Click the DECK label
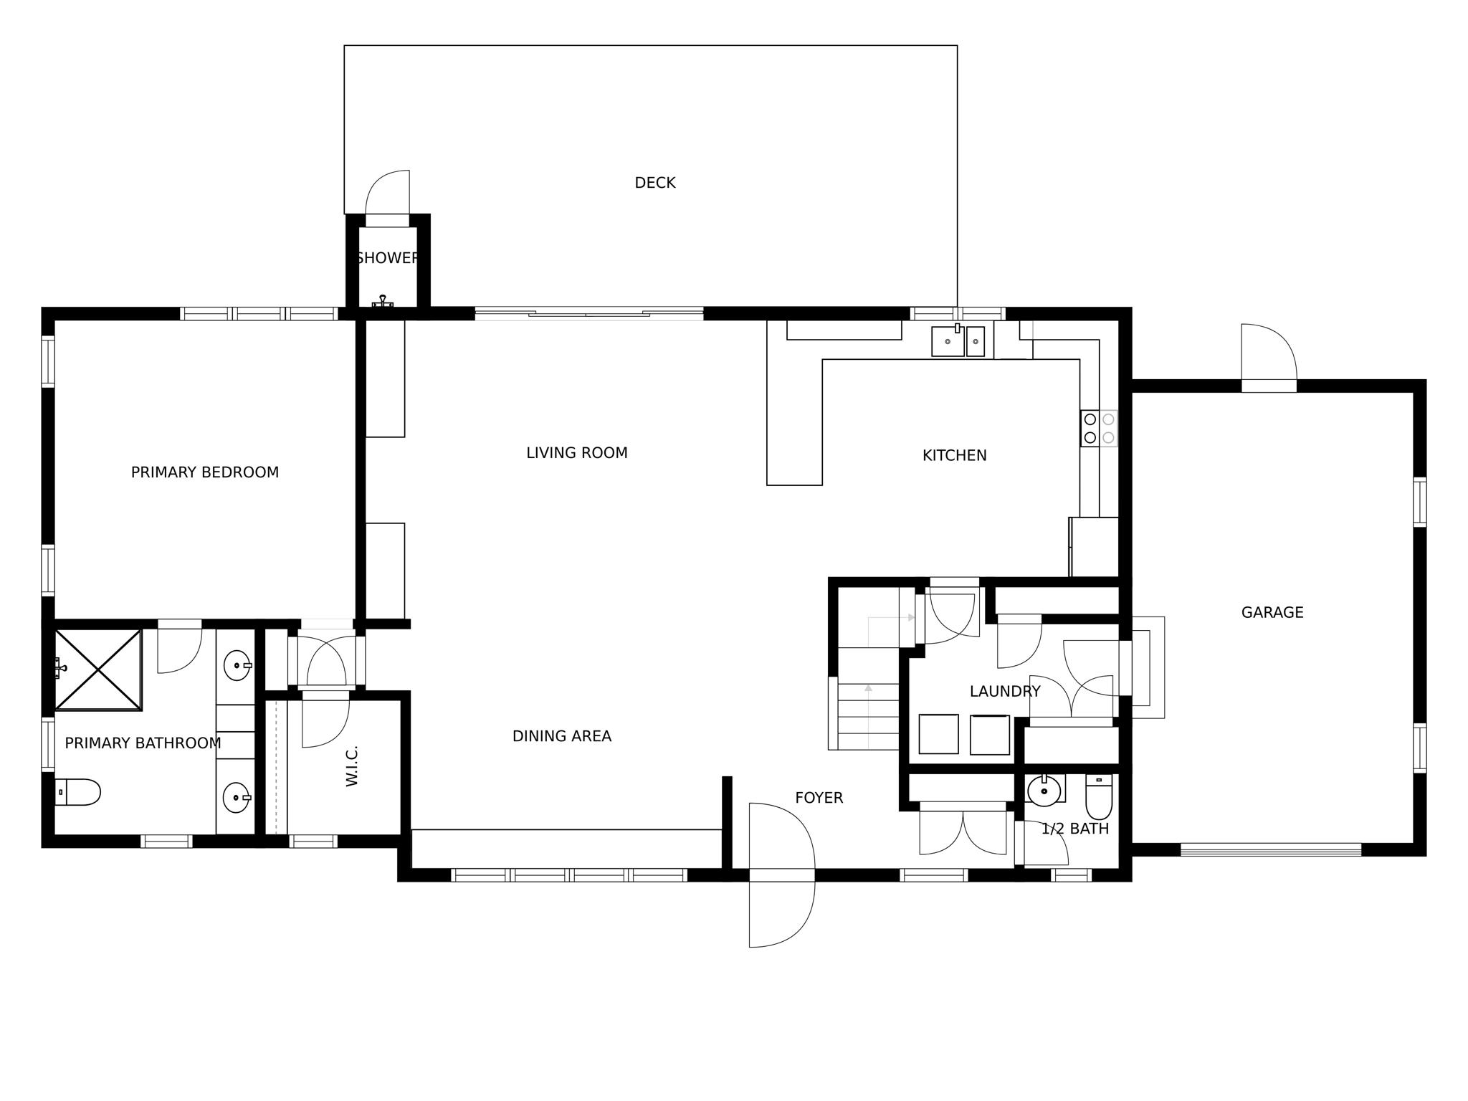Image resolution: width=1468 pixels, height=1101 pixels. [654, 183]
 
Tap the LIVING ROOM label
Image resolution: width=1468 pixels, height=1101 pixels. [576, 453]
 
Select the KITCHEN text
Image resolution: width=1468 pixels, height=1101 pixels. [954, 455]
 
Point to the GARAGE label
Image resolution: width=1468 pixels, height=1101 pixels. [1272, 612]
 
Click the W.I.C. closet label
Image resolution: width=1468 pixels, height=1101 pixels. [352, 766]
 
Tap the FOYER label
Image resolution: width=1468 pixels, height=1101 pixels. [819, 798]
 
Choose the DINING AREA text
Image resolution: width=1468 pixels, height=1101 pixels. [561, 736]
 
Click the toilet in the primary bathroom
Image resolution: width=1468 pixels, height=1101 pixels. [77, 792]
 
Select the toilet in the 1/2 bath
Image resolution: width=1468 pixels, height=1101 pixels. [1098, 797]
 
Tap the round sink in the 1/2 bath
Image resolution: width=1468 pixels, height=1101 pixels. [1044, 791]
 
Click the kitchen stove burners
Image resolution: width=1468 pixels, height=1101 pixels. [1099, 428]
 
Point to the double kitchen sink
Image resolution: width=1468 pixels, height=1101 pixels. [958, 341]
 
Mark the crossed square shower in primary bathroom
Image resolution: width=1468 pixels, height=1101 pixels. [98, 669]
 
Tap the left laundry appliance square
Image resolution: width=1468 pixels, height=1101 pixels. [938, 734]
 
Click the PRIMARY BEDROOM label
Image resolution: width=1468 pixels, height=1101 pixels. [204, 472]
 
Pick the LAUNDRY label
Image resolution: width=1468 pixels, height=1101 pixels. [1004, 692]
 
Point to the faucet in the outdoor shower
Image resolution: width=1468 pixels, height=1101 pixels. [383, 301]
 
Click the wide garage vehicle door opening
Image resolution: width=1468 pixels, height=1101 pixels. [1270, 849]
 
